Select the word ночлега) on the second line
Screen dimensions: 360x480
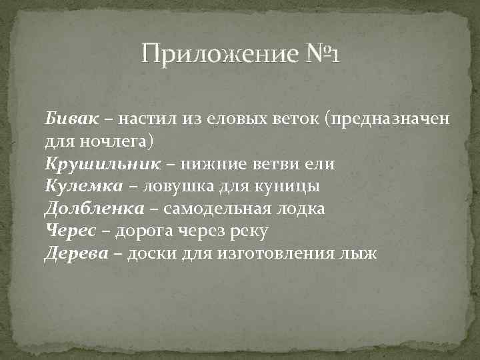pyautogui.click(x=117, y=141)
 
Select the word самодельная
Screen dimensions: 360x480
pyautogui.click(x=214, y=209)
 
